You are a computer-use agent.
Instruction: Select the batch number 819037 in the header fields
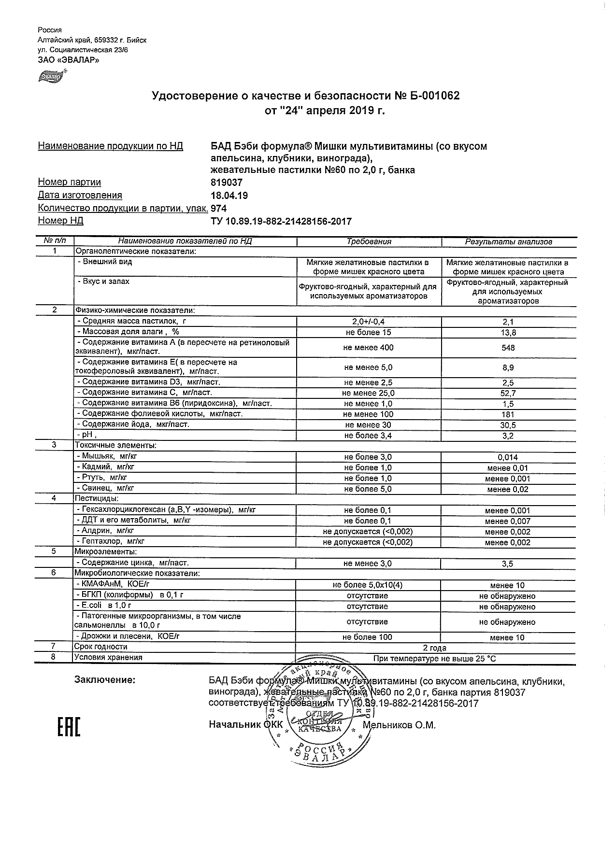coord(227,183)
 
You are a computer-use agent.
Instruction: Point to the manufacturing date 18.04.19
coord(229,196)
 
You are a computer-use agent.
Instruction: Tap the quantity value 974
coord(219,209)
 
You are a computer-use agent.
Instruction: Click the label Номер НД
coord(60,221)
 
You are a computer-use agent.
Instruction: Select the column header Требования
coord(369,241)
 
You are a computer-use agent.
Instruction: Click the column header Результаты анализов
coord(508,242)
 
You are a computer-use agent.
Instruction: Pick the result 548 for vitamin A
coord(508,348)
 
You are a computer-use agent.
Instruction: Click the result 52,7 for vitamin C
coord(508,393)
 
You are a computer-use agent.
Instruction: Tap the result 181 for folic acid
coord(508,414)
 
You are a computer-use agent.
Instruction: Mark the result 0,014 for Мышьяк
coord(508,457)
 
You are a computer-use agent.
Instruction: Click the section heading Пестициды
coord(96,498)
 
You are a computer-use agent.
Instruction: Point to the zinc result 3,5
coord(508,564)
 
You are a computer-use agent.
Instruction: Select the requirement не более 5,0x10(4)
coord(368,585)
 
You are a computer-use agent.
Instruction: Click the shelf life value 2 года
coord(435,648)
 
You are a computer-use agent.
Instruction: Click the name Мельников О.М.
coord(399,725)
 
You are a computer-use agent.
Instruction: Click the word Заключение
coord(105,680)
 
